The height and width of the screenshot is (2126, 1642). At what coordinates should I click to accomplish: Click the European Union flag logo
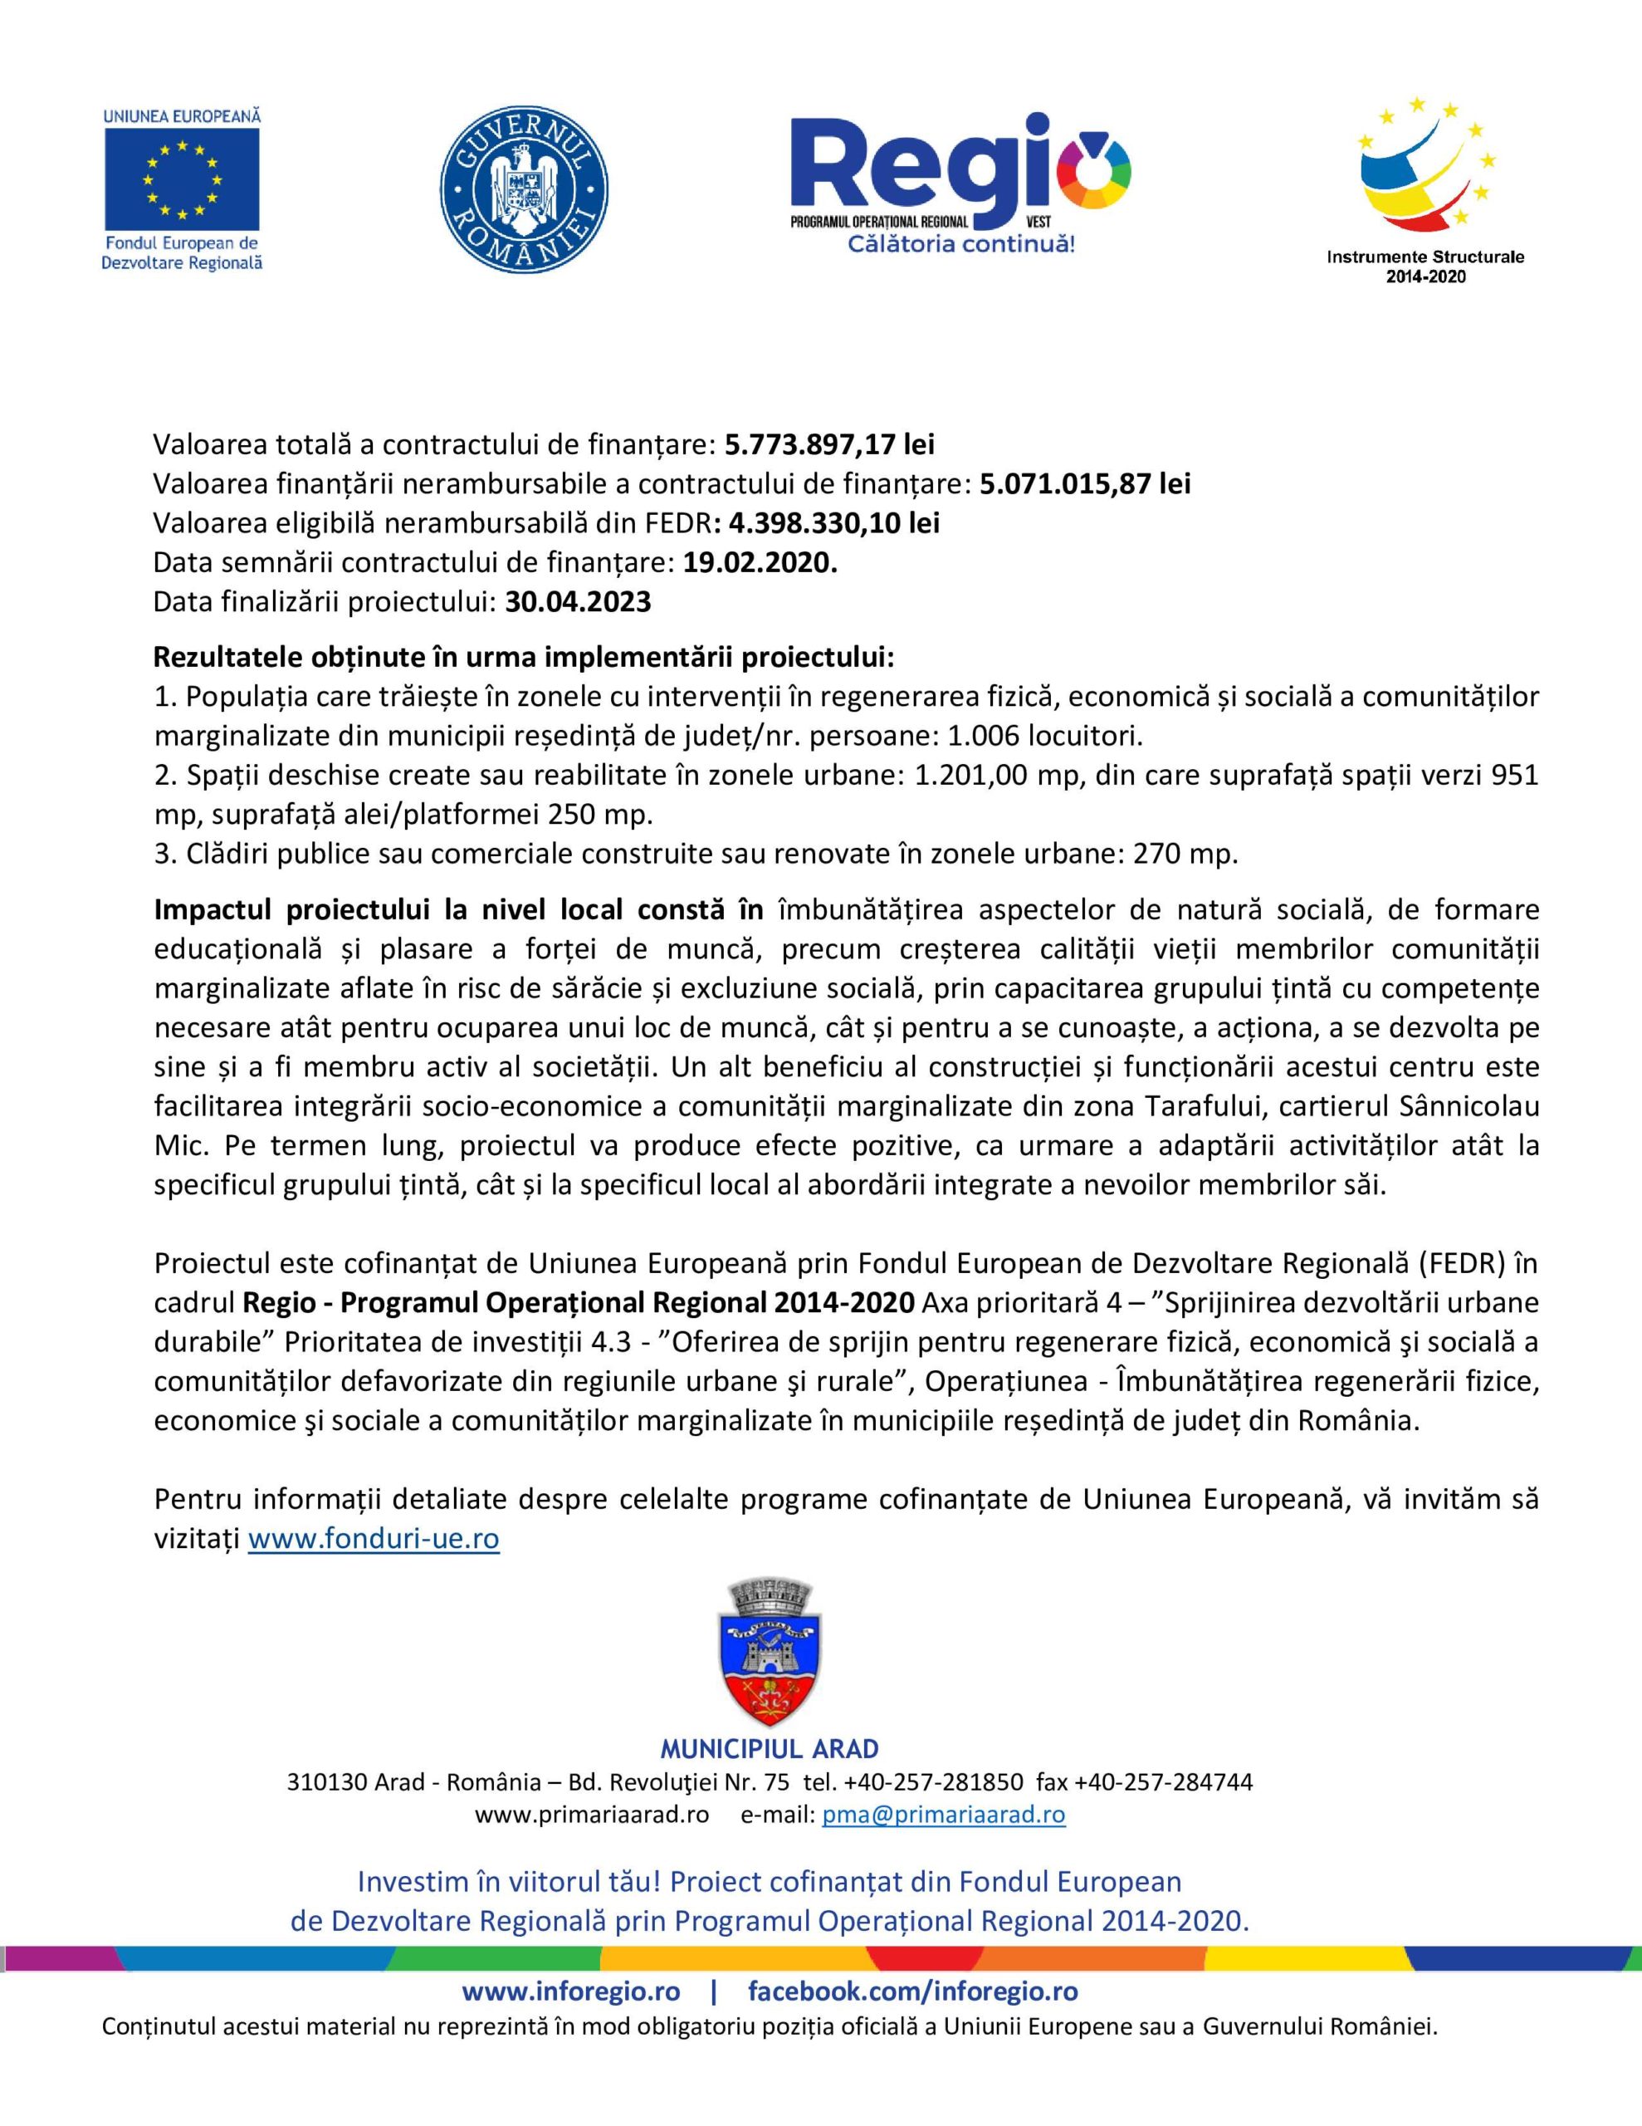[x=182, y=177]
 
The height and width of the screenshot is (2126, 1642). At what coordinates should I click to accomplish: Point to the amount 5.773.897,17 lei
[x=829, y=445]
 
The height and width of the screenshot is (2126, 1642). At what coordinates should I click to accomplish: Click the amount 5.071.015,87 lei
[x=1084, y=484]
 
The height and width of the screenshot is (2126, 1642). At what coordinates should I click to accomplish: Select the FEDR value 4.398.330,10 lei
[x=833, y=522]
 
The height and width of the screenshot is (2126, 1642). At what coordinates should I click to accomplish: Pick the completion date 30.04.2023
[x=577, y=601]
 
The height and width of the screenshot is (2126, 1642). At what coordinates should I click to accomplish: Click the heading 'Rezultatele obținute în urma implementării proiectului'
[x=524, y=657]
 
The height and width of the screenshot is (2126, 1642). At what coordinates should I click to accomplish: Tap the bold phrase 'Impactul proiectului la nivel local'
[x=389, y=909]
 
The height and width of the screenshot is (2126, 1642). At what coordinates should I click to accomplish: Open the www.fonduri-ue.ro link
[x=374, y=1539]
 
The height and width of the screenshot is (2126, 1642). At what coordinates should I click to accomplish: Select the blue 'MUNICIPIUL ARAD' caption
[x=769, y=1748]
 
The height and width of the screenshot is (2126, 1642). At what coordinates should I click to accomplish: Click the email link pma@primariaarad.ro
[x=943, y=1815]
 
